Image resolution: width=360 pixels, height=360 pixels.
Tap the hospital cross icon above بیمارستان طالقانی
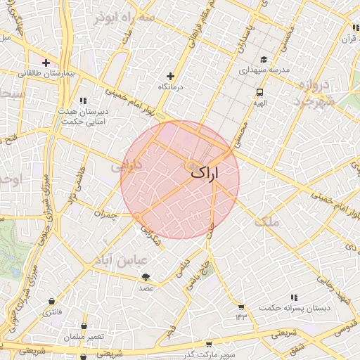(46, 63)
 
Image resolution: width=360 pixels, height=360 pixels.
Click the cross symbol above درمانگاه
(170, 76)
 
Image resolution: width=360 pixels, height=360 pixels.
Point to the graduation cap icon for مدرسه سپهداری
(264, 60)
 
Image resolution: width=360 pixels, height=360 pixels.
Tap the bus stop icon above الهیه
(260, 92)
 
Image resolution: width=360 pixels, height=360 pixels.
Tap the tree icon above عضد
(146, 278)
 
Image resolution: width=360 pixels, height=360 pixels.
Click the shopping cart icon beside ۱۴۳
(241, 307)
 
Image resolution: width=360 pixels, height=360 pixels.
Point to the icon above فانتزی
(51, 300)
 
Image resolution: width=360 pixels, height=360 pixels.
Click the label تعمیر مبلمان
(84, 337)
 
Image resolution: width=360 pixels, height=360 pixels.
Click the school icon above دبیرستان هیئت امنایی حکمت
(84, 101)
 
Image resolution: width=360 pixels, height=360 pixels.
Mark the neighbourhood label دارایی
(127, 167)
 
